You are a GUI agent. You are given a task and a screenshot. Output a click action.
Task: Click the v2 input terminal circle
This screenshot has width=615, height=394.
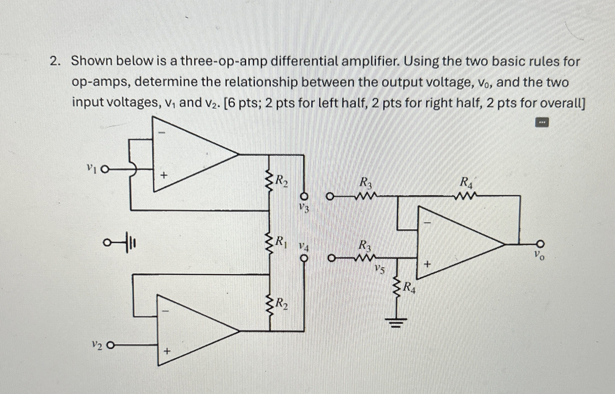[110, 345]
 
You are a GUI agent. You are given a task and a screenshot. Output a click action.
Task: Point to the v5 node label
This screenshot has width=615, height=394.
[380, 269]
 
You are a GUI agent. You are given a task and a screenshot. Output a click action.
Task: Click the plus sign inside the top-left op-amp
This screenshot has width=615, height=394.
[164, 175]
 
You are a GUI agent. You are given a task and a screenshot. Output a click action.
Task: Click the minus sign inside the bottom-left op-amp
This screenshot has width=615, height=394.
[166, 311]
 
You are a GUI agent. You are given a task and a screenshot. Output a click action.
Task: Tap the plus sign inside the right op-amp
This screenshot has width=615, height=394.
[427, 264]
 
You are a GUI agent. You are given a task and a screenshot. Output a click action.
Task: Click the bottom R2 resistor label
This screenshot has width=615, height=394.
[282, 304]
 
